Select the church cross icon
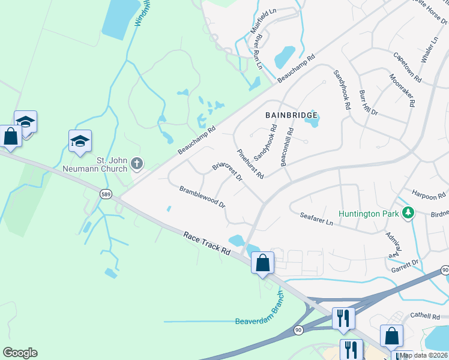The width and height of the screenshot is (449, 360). (137, 163)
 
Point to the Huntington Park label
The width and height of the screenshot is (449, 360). (368, 213)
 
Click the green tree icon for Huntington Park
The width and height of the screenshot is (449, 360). (408, 212)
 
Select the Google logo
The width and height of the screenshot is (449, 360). (20, 353)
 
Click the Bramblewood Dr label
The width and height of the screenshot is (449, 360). (202, 197)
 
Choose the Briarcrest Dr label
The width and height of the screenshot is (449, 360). (227, 172)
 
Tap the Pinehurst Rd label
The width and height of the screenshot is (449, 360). (250, 164)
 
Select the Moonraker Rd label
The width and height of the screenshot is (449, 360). (402, 90)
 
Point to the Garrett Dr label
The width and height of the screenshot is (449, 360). (406, 263)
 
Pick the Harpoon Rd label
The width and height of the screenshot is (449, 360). (429, 195)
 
